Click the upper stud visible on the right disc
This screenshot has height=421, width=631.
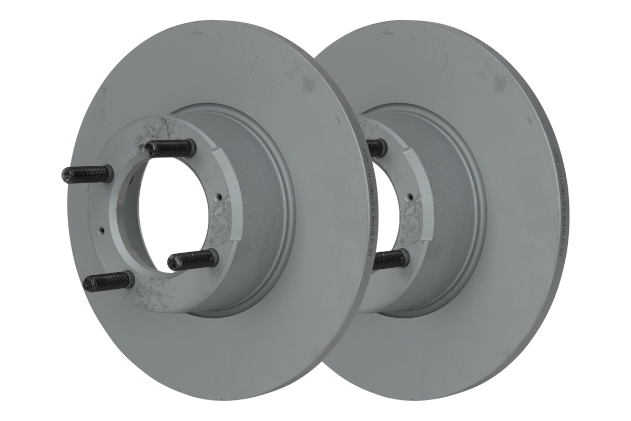point(377,148)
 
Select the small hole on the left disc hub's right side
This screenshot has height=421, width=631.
point(219,199)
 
